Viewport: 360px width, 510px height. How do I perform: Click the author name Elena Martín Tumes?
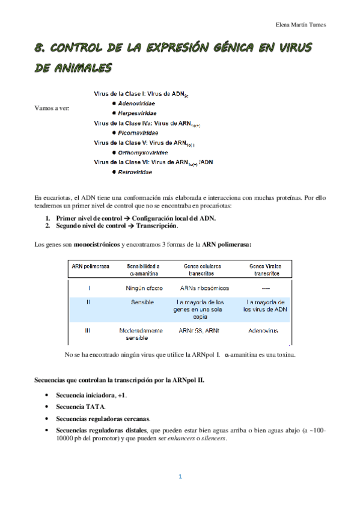300,25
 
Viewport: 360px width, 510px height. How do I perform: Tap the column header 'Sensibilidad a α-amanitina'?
142,269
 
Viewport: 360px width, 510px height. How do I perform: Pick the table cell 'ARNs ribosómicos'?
204,287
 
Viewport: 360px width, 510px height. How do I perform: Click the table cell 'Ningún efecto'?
144,287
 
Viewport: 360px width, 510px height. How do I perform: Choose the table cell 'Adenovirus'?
264,330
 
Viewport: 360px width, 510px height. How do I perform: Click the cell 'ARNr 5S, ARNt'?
203,330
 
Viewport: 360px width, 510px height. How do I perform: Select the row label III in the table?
88,330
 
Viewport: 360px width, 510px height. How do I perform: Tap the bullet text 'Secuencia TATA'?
81,407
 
